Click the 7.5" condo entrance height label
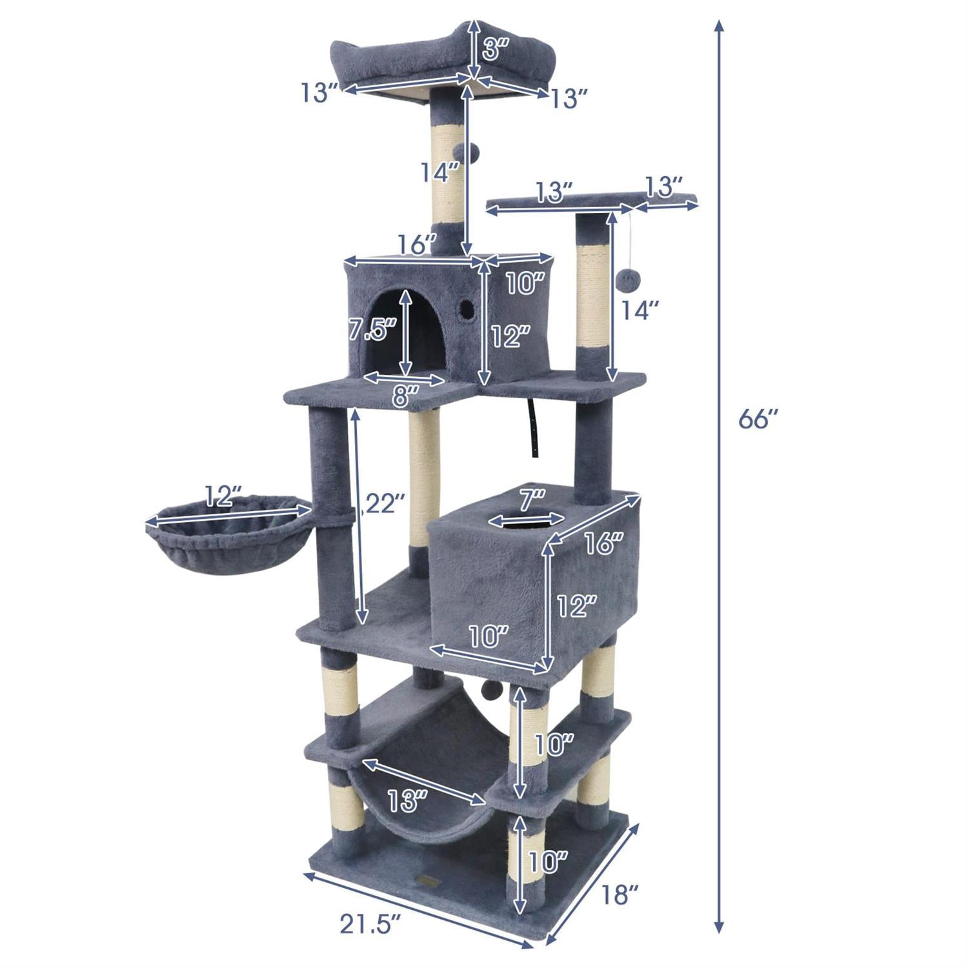pyautogui.click(x=372, y=330)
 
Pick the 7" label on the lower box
pyautogui.click(x=533, y=498)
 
